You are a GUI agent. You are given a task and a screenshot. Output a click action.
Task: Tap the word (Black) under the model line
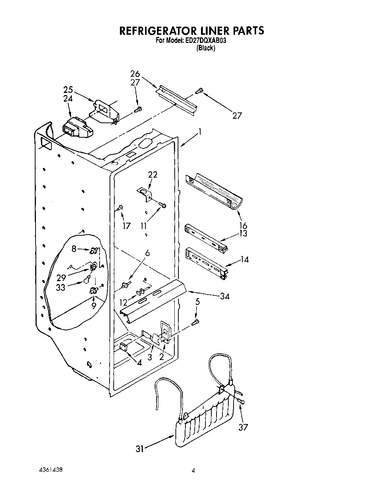pos(205,48)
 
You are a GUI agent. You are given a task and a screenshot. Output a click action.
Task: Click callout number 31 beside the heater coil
pos(140,449)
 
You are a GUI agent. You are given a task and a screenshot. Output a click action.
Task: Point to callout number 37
pos(243,427)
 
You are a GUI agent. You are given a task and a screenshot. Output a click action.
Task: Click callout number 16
pos(243,225)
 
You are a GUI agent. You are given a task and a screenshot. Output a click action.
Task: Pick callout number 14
pos(244,259)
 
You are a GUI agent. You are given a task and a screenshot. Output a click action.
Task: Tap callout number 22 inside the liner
pos(152,174)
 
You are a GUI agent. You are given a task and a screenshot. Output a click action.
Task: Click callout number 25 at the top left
pos(68,90)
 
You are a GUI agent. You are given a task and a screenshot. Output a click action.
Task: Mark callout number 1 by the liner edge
pos(200,131)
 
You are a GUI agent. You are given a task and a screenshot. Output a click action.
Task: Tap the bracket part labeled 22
pos(145,193)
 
